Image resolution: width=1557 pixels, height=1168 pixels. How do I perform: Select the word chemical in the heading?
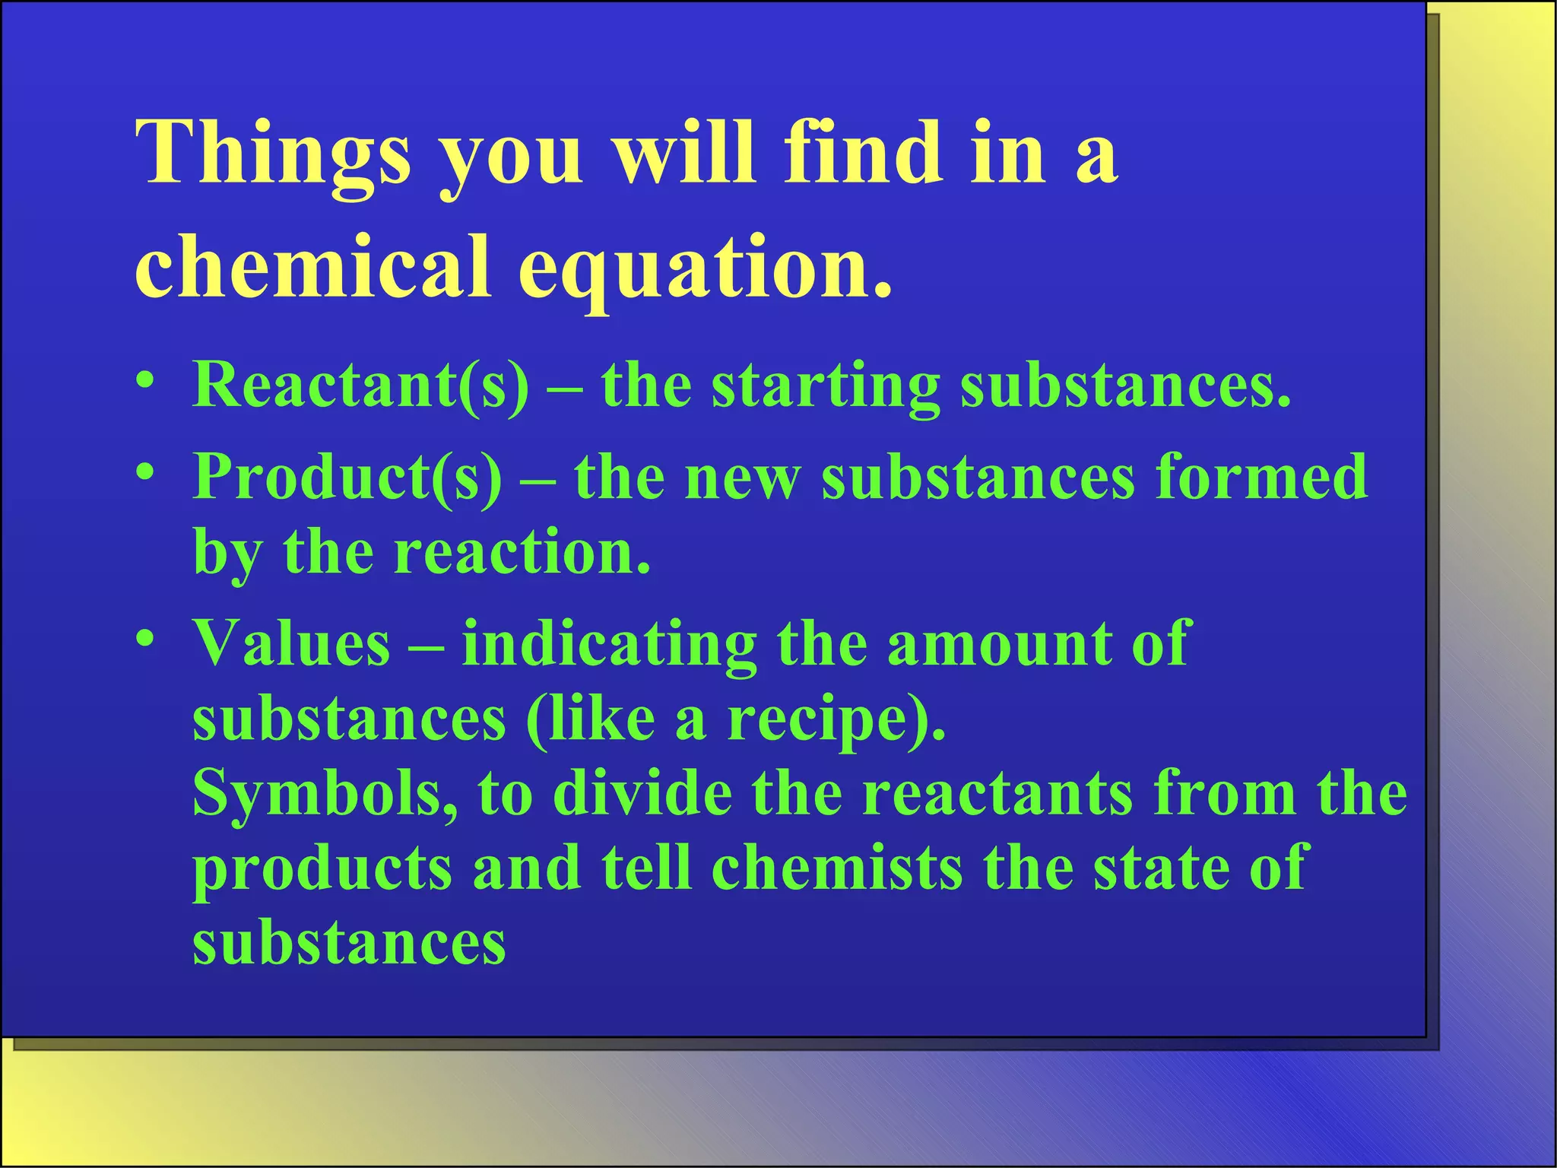pos(312,265)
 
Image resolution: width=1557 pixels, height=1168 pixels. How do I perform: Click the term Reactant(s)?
pos(360,385)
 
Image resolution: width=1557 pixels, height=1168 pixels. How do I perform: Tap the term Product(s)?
pos(347,477)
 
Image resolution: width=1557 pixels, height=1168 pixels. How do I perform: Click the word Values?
pos(291,643)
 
